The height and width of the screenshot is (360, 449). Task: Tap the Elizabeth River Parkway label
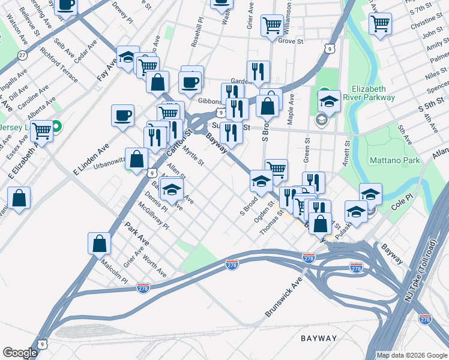click(373, 92)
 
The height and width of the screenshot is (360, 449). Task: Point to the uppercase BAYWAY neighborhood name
click(319, 338)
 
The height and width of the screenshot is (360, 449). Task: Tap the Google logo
click(20, 353)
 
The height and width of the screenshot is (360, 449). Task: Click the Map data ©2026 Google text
click(412, 355)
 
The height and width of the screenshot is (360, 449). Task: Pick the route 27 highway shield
click(22, 55)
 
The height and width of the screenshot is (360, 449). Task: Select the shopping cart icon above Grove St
click(272, 25)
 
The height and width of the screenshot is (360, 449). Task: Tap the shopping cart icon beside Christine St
click(380, 23)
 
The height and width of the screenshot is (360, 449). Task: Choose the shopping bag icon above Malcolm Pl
click(99, 243)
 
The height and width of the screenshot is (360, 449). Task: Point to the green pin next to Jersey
click(56, 127)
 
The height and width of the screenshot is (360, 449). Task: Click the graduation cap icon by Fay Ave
click(127, 56)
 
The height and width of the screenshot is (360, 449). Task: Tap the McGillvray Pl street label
click(153, 214)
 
